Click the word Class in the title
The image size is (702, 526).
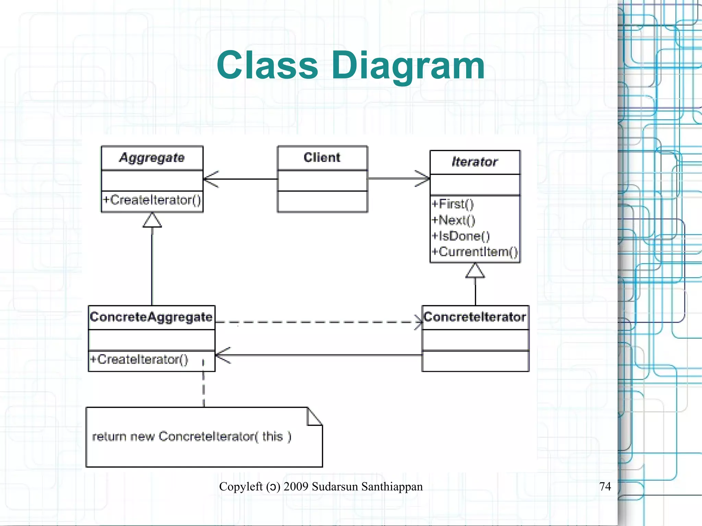tap(267, 65)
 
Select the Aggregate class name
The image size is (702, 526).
tap(152, 158)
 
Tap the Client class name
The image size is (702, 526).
tap(322, 157)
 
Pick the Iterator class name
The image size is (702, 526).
tap(474, 162)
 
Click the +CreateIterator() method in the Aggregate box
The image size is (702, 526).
tap(152, 200)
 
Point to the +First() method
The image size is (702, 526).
tap(452, 204)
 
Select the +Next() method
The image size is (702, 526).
tap(453, 220)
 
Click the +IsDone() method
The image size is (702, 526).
tap(460, 236)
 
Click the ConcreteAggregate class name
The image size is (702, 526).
tap(151, 317)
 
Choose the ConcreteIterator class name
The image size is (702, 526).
tap(475, 317)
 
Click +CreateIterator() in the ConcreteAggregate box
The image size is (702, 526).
tap(139, 359)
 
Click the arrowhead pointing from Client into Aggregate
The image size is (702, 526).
tap(210, 179)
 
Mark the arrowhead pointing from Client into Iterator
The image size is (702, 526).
tap(423, 178)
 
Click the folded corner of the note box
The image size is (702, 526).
tap(314, 417)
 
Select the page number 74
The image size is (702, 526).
tap(605, 486)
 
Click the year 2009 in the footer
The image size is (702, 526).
tap(296, 487)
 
